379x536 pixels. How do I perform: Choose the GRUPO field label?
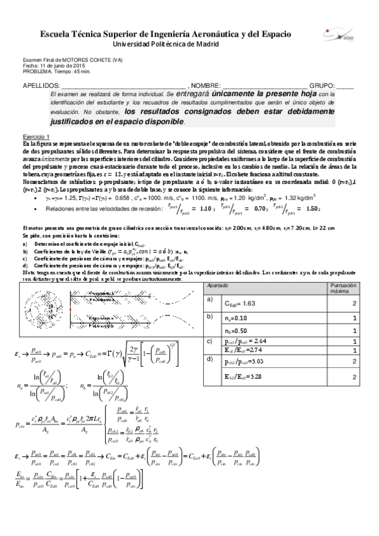pyautogui.click(x=323, y=85)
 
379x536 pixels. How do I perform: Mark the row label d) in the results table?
pyautogui.click(x=210, y=358)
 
